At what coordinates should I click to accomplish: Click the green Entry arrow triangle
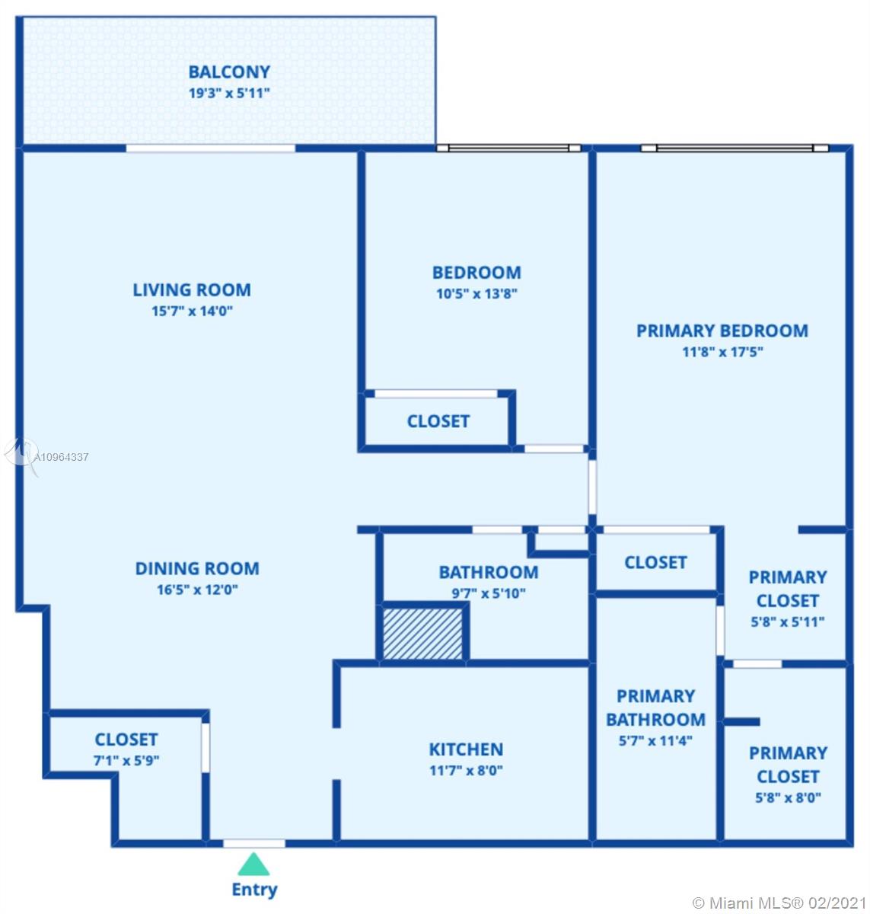(x=253, y=864)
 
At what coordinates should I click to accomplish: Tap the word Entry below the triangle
(x=254, y=890)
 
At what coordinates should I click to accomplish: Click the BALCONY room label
(x=229, y=72)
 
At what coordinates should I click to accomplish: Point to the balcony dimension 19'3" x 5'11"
(x=229, y=94)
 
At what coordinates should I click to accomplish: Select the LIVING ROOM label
(x=192, y=290)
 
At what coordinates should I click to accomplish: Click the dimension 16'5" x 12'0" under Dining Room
(x=197, y=590)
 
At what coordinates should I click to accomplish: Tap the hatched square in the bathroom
(x=422, y=634)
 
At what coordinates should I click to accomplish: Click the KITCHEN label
(x=466, y=749)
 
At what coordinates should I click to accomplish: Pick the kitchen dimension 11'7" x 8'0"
(x=466, y=771)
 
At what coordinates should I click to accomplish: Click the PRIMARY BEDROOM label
(x=722, y=331)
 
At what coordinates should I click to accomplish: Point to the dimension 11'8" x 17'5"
(x=722, y=352)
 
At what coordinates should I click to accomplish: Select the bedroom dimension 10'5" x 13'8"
(x=476, y=294)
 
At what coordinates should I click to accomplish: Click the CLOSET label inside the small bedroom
(x=438, y=421)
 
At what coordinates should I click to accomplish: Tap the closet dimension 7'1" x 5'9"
(x=126, y=761)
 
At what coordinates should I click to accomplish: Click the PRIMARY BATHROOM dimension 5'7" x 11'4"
(x=655, y=740)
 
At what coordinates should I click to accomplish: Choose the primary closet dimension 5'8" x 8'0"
(x=789, y=797)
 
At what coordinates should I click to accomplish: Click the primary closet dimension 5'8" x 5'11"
(x=788, y=622)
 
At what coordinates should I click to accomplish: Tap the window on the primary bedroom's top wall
(x=735, y=149)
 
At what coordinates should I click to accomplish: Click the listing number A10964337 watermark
(x=62, y=457)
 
